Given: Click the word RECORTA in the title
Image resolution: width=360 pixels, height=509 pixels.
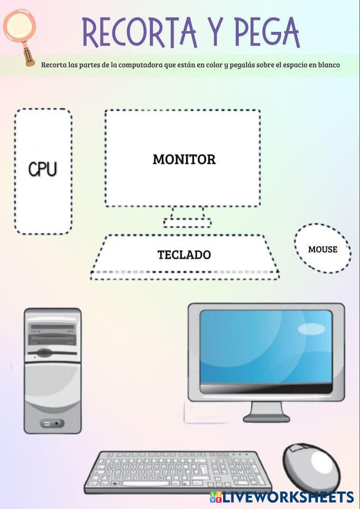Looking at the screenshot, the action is [140, 32].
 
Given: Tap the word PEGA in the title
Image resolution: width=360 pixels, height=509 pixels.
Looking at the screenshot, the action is [267, 32].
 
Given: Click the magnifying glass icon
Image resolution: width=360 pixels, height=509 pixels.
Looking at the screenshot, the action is [20, 36].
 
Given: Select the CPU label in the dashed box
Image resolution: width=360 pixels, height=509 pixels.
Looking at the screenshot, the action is [43, 169].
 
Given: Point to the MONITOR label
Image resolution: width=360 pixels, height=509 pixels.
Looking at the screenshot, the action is [184, 160].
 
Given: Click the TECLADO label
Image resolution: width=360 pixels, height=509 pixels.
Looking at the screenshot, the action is [184, 255].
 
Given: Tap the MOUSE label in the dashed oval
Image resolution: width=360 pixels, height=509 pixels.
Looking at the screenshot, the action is [323, 249].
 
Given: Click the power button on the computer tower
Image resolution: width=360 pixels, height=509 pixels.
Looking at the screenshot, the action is [52, 423].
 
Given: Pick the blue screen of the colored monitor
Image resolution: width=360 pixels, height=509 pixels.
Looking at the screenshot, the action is [266, 347].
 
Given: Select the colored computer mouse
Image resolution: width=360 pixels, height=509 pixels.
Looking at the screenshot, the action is [312, 468].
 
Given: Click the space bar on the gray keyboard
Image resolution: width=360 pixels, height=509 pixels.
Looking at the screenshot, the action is [149, 484].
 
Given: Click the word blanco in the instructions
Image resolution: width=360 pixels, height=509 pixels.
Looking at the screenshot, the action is [329, 65].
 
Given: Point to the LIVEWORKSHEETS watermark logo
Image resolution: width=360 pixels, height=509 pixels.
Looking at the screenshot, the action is [282, 497].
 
